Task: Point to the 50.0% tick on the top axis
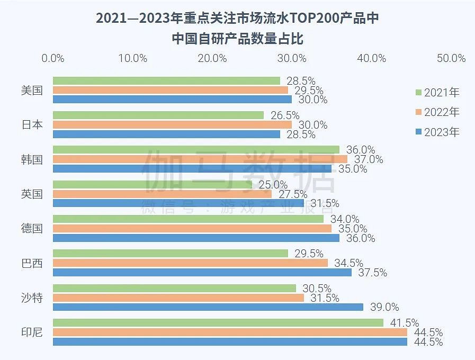pos(451,58)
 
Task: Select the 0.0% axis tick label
pos(53,58)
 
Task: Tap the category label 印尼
pos(32,332)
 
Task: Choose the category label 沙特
pos(32,298)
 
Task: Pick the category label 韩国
pos(32,159)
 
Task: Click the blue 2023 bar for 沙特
pos(208,307)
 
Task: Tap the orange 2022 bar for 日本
pos(172,125)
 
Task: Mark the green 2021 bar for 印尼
pos(218,323)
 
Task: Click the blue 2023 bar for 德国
pos(196,238)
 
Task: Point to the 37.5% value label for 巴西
pos(372,273)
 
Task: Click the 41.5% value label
pos(404,323)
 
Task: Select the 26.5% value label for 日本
pos(285,115)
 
